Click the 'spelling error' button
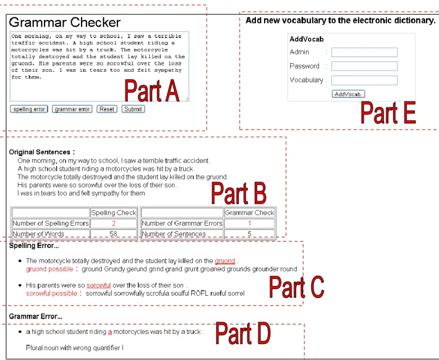[29, 109]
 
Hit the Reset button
[107, 109]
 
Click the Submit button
[133, 109]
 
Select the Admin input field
[364, 52]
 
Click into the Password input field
[364, 66]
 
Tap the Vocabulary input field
[364, 80]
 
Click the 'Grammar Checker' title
[65, 22]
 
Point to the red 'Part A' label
[152, 90]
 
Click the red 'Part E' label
[388, 113]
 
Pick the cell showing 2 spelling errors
[114, 224]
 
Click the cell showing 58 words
[114, 234]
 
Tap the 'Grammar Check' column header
[249, 213]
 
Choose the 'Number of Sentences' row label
[174, 234]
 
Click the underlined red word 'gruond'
[225, 261]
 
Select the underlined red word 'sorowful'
[98, 285]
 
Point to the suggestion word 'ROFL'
[199, 293]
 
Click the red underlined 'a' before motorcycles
[110, 332]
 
